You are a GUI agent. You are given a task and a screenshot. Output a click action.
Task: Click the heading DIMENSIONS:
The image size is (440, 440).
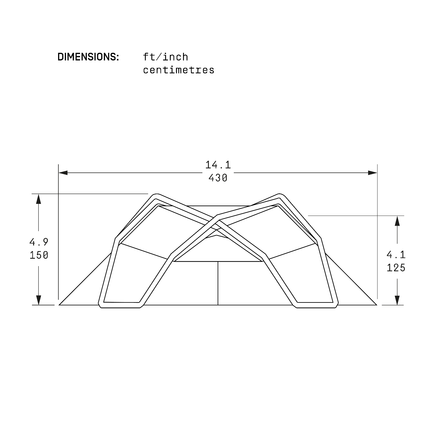(88, 57)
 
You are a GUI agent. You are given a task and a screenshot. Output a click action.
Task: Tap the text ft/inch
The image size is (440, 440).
(165, 57)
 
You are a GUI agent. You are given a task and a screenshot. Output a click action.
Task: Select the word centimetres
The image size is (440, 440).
(179, 70)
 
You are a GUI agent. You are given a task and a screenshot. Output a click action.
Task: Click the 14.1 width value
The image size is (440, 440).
(218, 165)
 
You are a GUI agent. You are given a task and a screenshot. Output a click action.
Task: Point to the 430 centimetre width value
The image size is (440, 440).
(218, 178)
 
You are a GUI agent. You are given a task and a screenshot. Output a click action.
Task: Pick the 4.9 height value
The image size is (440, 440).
(39, 242)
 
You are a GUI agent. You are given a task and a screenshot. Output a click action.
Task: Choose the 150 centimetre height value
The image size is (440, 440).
(39, 255)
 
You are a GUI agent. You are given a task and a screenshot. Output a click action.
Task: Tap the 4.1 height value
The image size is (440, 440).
(396, 255)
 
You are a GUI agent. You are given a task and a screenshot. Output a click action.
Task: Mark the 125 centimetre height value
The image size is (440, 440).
(396, 268)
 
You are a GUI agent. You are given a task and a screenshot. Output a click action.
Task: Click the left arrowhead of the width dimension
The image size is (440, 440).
(63, 173)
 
